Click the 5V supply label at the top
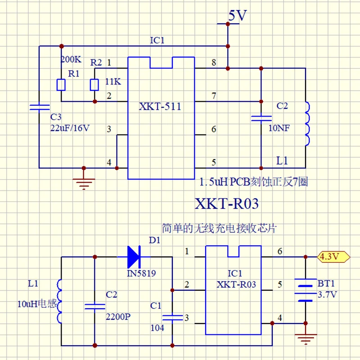tap(238, 16)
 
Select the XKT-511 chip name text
tap(161, 107)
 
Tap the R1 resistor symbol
tap(62, 85)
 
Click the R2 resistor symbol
tap(94, 85)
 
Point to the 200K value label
tap(71, 59)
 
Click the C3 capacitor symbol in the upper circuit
tap(39, 107)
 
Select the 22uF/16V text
tap(70, 128)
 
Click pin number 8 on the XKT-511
tap(213, 62)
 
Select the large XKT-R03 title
tap(227, 204)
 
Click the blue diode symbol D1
tap(135, 256)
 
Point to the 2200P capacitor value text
tap(118, 316)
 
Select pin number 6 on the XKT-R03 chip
tap(280, 251)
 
